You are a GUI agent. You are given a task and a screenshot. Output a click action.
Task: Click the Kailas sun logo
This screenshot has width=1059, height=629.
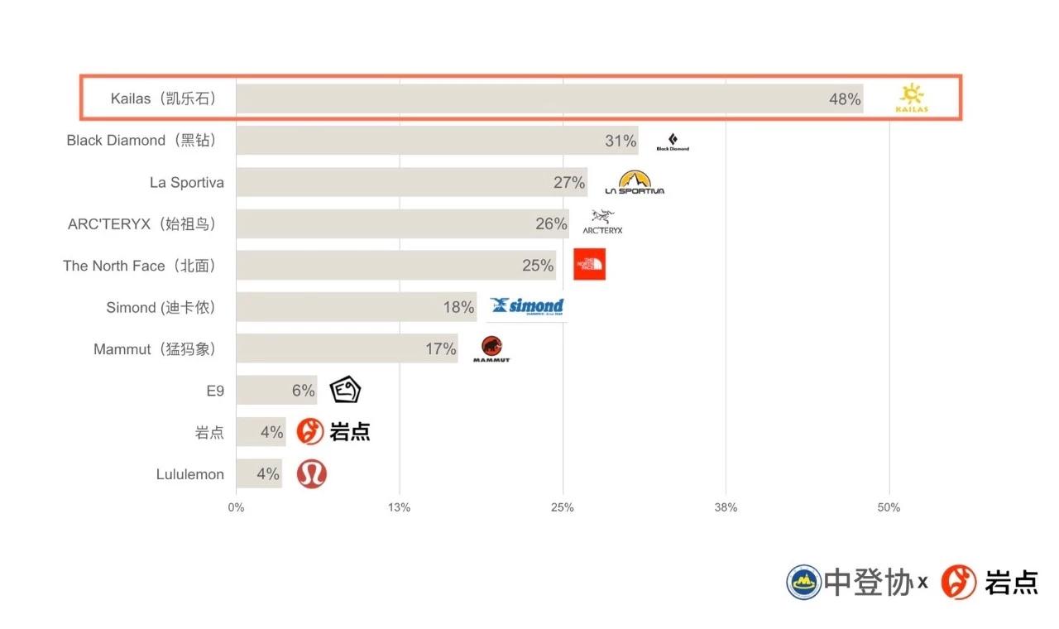click(x=913, y=98)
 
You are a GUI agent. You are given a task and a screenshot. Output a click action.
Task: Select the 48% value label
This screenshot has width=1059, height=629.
click(x=845, y=99)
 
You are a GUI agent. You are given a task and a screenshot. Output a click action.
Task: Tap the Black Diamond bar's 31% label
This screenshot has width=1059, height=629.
click(x=621, y=141)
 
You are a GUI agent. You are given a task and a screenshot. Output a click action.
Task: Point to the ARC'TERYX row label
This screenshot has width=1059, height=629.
click(x=141, y=224)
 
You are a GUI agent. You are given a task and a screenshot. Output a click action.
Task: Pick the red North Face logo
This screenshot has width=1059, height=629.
click(x=589, y=265)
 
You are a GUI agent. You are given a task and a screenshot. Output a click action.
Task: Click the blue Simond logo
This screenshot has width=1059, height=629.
click(x=526, y=307)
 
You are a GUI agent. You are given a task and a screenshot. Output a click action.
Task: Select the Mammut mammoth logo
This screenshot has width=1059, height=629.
click(x=492, y=348)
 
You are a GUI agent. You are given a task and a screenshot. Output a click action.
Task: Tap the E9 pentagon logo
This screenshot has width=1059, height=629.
click(x=345, y=390)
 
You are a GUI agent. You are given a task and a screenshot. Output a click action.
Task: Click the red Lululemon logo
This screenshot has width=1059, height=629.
click(x=312, y=474)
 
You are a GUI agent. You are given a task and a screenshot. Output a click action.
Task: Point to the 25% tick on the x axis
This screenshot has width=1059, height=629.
click(x=563, y=507)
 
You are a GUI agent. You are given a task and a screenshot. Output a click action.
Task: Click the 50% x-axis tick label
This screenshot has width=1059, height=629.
click(x=889, y=507)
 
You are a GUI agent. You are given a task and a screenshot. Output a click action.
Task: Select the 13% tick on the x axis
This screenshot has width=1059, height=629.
click(x=400, y=507)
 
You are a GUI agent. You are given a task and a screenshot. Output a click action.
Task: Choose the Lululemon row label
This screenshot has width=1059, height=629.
click(x=189, y=474)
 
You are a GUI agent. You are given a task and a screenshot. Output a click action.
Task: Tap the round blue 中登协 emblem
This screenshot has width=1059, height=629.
click(x=803, y=582)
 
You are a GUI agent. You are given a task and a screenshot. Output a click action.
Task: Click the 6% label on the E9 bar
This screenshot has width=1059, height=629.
click(x=303, y=391)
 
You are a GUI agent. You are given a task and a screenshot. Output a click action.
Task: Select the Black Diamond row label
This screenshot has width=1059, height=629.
click(x=141, y=141)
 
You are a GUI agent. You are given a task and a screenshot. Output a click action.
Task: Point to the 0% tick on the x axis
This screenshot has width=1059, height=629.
click(x=236, y=507)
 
